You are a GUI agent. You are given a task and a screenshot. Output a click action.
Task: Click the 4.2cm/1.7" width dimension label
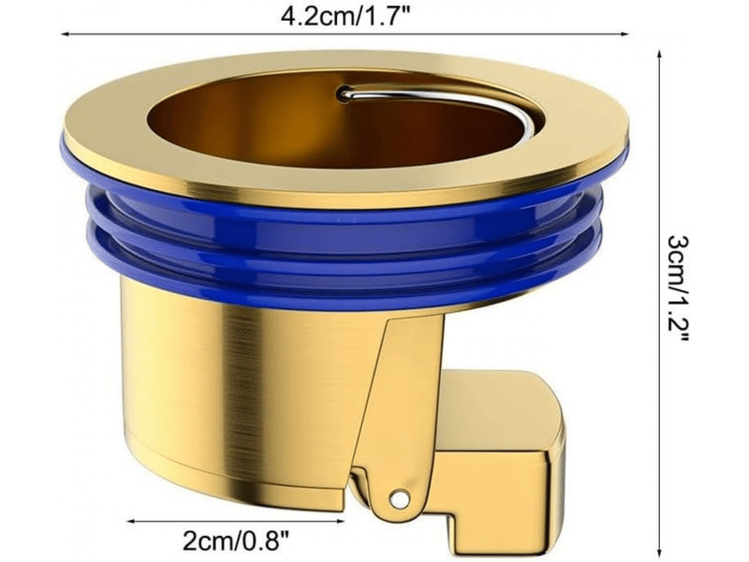[x=345, y=18]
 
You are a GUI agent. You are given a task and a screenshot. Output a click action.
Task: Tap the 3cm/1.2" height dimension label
[x=678, y=288]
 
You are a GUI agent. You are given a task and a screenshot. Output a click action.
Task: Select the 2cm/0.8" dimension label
[x=236, y=541]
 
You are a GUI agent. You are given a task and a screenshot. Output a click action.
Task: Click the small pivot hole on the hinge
[x=399, y=499]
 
